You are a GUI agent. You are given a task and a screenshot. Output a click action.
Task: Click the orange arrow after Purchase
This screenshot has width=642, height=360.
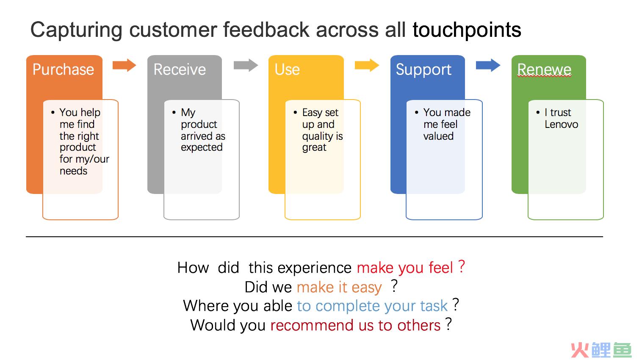(x=124, y=65)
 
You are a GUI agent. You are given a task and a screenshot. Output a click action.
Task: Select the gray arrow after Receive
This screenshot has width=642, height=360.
(x=246, y=65)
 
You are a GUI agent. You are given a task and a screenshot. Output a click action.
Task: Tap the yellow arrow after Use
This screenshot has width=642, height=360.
(x=367, y=65)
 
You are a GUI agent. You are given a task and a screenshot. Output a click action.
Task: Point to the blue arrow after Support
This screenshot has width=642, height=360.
(x=488, y=65)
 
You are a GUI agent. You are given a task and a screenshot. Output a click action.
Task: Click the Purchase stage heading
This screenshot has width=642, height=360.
(x=64, y=69)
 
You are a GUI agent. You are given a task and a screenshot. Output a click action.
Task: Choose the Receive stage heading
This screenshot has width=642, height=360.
(x=180, y=69)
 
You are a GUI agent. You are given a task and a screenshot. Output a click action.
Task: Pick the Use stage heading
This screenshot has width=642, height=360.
(x=287, y=69)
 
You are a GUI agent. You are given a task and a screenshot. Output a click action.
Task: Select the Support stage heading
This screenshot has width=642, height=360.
(x=423, y=70)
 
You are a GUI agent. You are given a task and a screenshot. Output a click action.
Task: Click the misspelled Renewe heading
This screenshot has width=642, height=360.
(x=544, y=69)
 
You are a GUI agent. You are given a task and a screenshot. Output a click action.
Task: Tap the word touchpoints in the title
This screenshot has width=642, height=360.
(x=467, y=30)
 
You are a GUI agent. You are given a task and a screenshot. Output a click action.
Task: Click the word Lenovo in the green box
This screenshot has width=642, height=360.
(x=562, y=125)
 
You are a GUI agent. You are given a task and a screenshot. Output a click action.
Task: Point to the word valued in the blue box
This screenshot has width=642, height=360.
(x=438, y=136)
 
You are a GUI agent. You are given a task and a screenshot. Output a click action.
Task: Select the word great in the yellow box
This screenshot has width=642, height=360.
(x=314, y=148)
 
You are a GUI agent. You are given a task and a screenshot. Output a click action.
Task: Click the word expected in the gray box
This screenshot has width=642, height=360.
(x=202, y=148)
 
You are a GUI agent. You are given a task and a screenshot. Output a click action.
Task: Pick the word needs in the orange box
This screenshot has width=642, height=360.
(x=73, y=171)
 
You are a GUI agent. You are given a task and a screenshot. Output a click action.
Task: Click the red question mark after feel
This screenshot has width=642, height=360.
(x=461, y=266)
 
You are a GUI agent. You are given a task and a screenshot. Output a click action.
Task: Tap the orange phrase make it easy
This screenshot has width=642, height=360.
(x=339, y=287)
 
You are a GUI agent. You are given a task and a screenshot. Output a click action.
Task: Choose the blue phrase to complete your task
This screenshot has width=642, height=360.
(x=372, y=306)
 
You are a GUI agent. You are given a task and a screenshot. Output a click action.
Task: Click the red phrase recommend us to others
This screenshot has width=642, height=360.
(x=355, y=325)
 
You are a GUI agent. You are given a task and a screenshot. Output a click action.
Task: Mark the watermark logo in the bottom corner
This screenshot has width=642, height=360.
(x=601, y=350)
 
